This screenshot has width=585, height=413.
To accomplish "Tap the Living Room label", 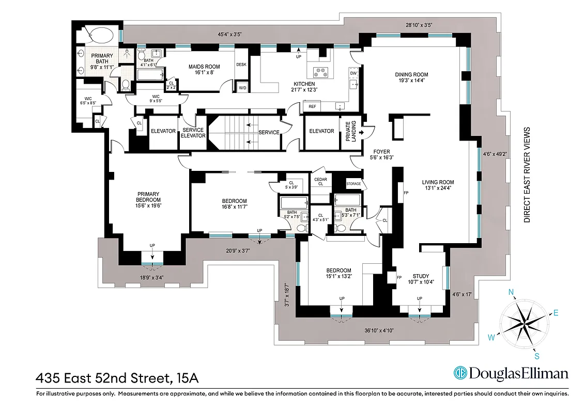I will [437, 182].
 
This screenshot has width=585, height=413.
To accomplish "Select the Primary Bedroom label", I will [149, 197].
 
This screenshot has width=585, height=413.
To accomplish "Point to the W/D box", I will [242, 88].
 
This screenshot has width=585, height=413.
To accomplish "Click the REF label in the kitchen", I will [312, 106].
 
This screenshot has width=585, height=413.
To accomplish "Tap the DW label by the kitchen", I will [353, 74].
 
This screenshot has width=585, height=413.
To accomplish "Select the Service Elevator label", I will [193, 133].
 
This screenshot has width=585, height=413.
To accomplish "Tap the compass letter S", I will [537, 355].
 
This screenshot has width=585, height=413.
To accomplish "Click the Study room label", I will [420, 276].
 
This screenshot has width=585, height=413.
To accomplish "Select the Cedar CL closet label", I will [320, 181].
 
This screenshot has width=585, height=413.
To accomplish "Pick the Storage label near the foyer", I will [353, 183].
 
